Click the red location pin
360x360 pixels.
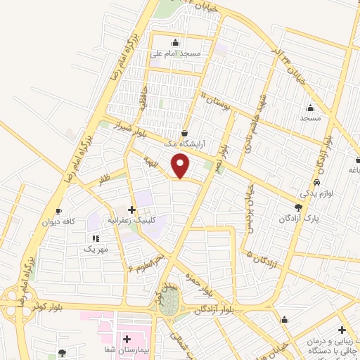click(181, 166)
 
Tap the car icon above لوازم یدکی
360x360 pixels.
click(318, 182)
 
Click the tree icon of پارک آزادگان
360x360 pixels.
click(299, 207)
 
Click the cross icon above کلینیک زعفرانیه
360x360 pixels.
click(131, 209)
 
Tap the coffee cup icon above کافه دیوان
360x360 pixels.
click(58, 212)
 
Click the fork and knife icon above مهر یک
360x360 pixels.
click(96, 238)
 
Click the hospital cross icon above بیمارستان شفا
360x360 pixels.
click(127, 339)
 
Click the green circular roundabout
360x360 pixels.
click(169, 304)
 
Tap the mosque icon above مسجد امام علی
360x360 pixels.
click(175, 42)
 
